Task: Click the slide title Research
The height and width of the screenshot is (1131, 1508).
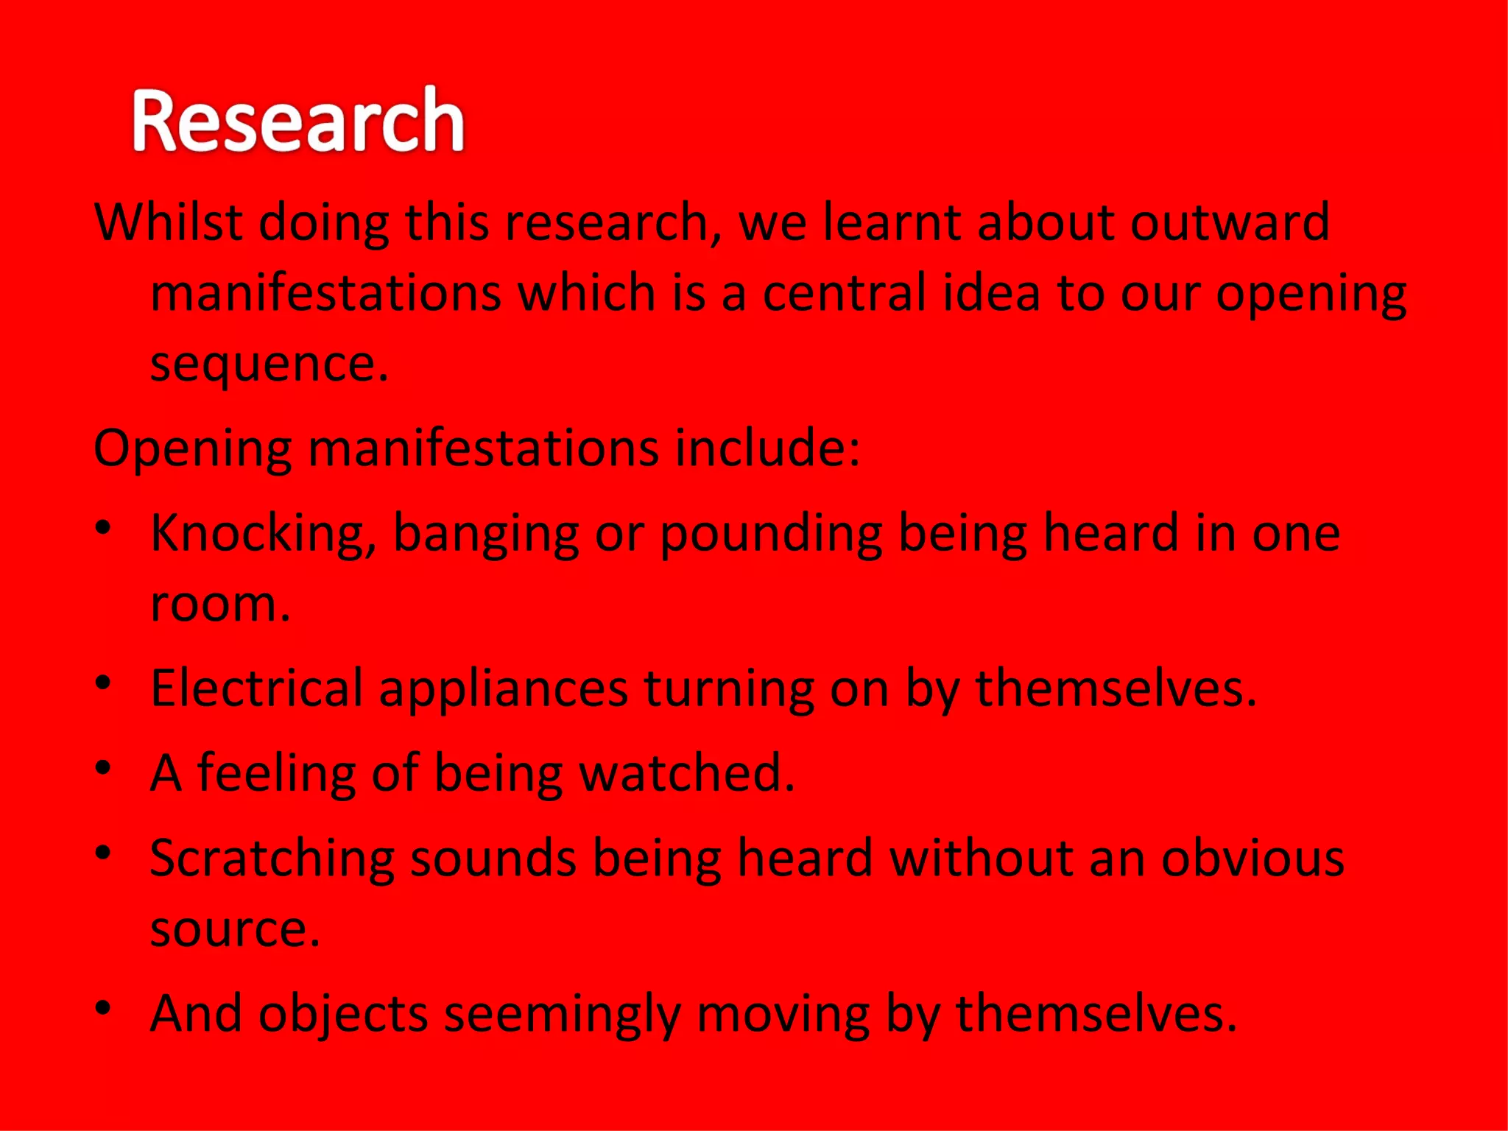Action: [x=298, y=120]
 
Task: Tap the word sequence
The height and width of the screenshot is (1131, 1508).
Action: [x=269, y=364]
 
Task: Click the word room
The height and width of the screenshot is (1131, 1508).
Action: [x=219, y=604]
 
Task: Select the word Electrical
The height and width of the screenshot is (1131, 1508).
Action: [x=256, y=688]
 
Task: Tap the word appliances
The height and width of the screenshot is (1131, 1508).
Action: [x=503, y=689]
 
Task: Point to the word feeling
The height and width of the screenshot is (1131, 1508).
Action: [x=276, y=773]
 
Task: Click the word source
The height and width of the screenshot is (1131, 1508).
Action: [x=234, y=929]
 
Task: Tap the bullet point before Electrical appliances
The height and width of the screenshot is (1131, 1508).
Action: [x=104, y=683]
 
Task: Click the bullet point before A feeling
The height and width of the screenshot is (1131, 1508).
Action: [x=104, y=767]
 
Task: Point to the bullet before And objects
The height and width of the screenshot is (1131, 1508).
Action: [x=104, y=1007]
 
